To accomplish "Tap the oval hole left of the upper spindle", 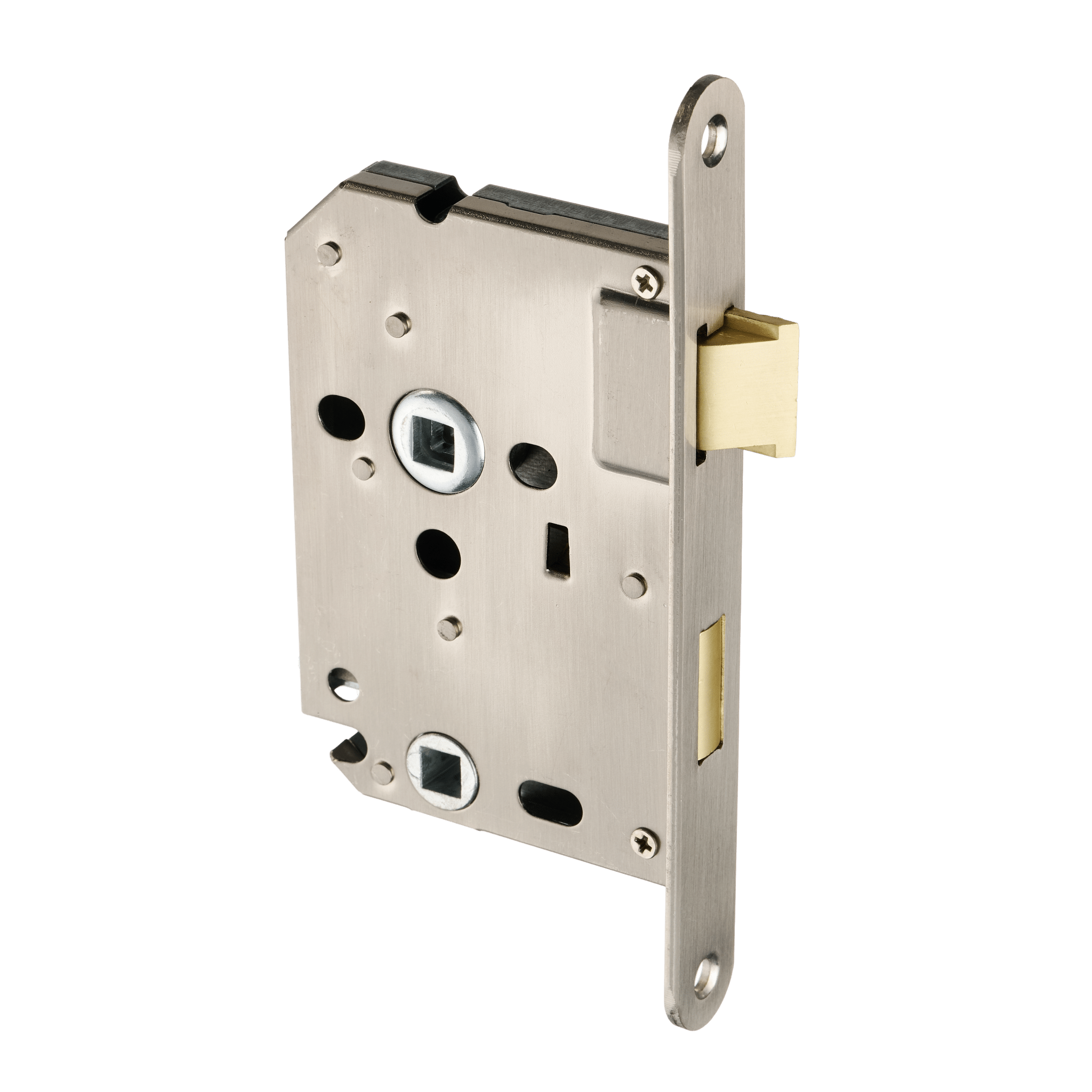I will tap(342, 413).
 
